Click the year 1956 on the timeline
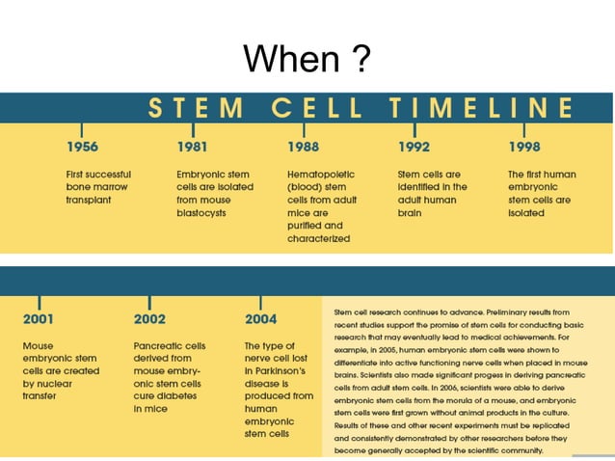[x=82, y=148]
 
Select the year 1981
[x=193, y=148]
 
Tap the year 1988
[x=304, y=148]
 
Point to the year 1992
[x=414, y=148]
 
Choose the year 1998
[x=525, y=148]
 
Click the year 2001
[x=39, y=318]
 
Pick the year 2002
[x=149, y=318]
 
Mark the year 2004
[x=261, y=318]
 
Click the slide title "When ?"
[x=307, y=60]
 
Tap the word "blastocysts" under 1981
[x=202, y=212]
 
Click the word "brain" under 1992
[x=410, y=212]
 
